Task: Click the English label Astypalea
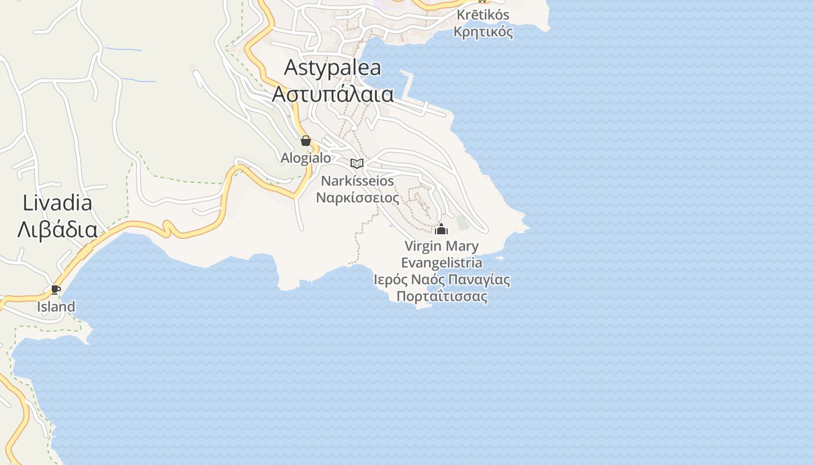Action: [333, 68]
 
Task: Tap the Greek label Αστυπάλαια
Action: [333, 94]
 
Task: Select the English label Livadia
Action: [58, 203]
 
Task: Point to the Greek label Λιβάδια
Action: [58, 230]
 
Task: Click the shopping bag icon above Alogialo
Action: [306, 141]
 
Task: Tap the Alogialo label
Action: [306, 158]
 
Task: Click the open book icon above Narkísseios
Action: [357, 163]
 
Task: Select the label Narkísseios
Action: [358, 181]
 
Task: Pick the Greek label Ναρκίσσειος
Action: [358, 198]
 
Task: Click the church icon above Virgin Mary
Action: [441, 229]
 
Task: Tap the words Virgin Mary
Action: [441, 246]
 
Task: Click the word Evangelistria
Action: [441, 263]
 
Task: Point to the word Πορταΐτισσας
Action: [441, 296]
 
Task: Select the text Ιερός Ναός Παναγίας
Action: [441, 280]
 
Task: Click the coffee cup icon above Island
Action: [56, 289]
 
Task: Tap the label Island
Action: [56, 307]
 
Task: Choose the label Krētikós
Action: [483, 15]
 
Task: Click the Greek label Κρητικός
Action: [483, 31]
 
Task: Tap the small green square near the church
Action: [462, 223]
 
